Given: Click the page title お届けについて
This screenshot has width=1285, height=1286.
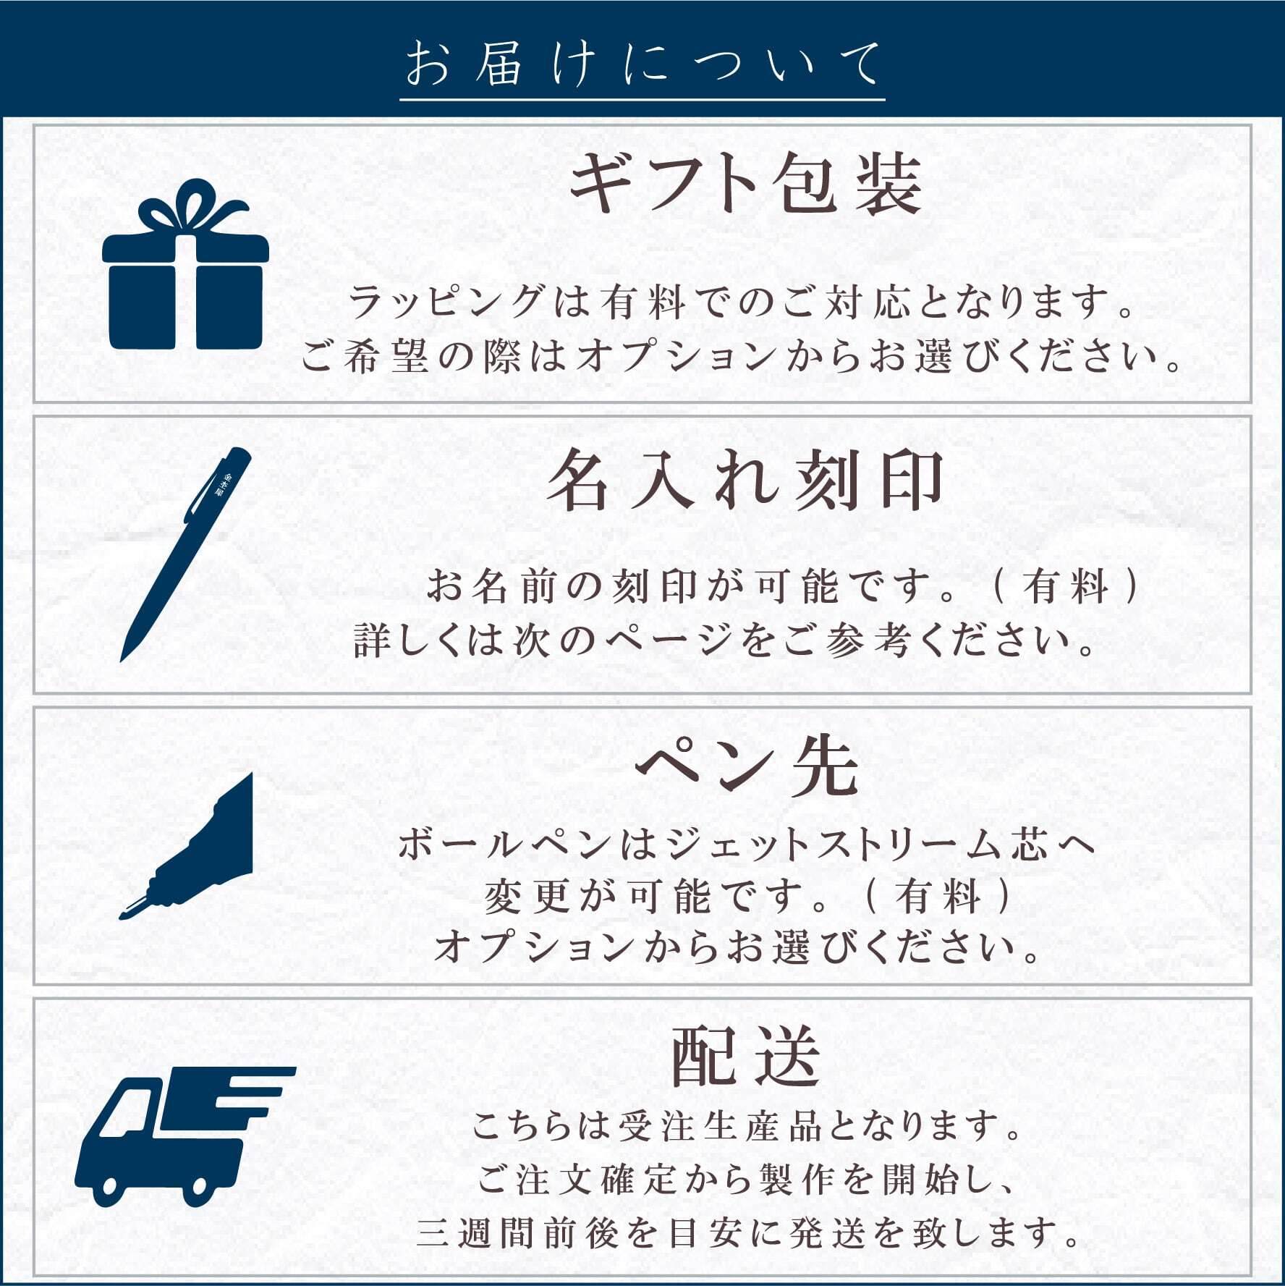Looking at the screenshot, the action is pos(642,64).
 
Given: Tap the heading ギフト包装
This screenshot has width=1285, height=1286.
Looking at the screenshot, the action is pos(746,183).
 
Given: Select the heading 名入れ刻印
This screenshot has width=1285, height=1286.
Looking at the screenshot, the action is pos(745,479).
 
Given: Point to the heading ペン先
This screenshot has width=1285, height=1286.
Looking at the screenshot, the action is pos(747,768).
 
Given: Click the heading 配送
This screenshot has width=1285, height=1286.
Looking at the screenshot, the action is pos(746,1057).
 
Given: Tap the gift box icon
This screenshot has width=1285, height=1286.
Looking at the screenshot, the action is pos(185,264).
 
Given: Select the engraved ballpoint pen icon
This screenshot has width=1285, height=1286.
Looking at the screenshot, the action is pos(186,554).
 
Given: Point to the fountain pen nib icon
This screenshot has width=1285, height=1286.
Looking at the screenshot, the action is pos(186,846).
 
